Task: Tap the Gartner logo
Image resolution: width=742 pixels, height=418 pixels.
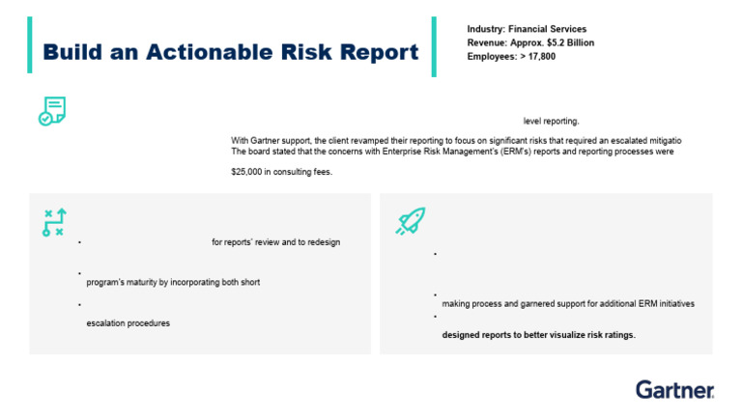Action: [x=674, y=390]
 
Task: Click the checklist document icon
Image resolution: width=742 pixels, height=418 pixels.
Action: [x=51, y=111]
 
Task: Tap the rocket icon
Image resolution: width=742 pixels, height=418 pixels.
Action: [x=411, y=222]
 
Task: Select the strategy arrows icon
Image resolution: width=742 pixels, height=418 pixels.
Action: [x=53, y=223]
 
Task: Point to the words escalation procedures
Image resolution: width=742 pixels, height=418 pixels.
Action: [x=128, y=323]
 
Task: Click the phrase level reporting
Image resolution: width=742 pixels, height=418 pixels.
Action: [x=551, y=122]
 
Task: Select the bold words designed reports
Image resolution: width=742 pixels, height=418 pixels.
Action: [x=477, y=336]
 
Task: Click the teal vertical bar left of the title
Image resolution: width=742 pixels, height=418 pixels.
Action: [x=31, y=45]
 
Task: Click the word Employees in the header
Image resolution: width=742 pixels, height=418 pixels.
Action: [x=490, y=57]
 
